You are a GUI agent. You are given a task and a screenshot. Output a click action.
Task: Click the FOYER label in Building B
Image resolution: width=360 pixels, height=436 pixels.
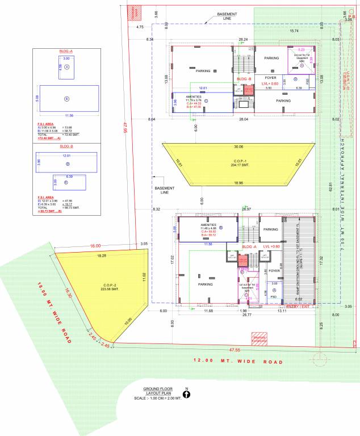coord(271,77)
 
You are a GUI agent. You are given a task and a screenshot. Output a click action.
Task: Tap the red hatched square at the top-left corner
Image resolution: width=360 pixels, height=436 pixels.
coord(135,12)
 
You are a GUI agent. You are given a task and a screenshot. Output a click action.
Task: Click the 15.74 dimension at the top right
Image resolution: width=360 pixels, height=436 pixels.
coord(294,31)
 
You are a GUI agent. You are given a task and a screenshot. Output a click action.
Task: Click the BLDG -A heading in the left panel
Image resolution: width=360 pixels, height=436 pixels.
coord(66,52)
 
